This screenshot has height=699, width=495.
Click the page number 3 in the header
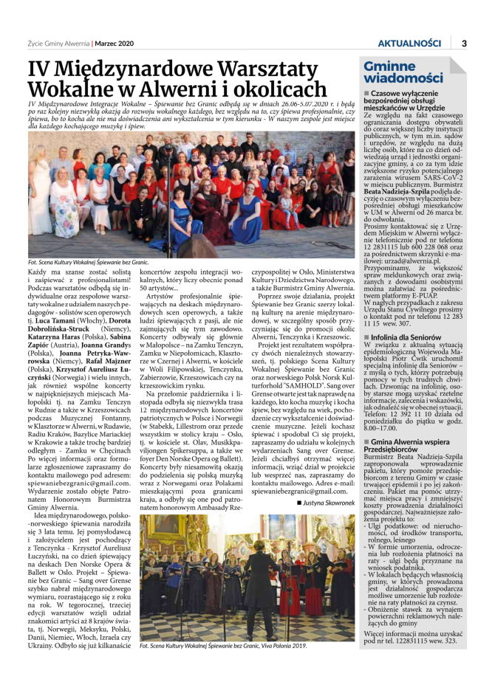[463, 43]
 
